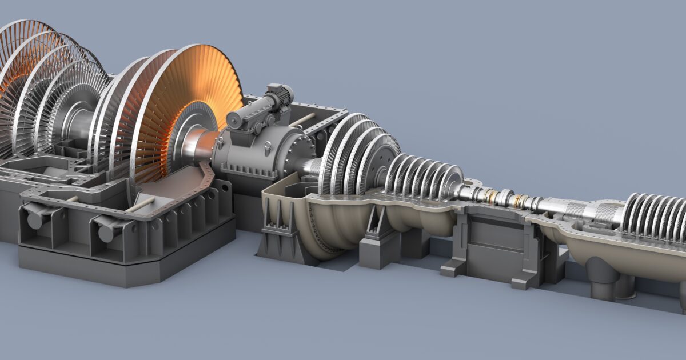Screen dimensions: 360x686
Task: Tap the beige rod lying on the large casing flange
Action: (x=139, y=205)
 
